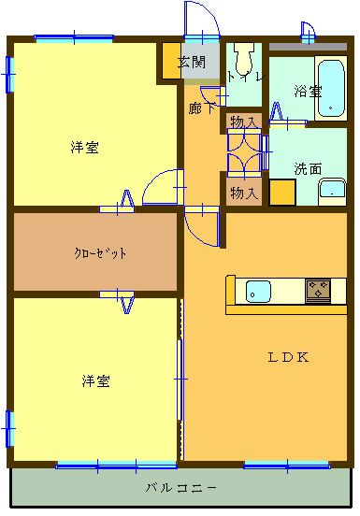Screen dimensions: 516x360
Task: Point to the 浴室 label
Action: click(307, 92)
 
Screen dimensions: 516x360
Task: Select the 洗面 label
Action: click(308, 169)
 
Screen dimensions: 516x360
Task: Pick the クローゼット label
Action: click(101, 252)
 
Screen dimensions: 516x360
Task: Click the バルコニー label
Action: click(182, 488)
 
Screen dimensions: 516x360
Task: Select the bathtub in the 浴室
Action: click(331, 89)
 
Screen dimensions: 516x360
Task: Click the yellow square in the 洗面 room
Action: click(281, 192)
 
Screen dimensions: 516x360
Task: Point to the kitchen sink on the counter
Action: click(258, 292)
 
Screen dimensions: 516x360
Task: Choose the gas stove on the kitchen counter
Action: click(319, 291)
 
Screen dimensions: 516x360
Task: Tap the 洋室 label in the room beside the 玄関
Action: click(85, 147)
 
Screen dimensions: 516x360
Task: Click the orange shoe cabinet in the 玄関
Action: click(170, 62)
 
